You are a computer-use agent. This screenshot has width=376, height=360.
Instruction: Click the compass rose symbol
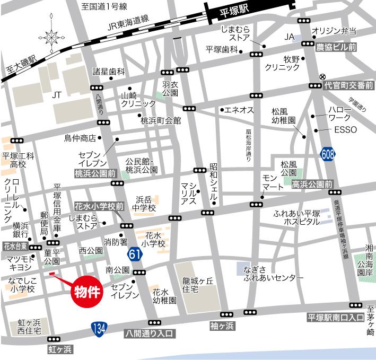click(x=52, y=37)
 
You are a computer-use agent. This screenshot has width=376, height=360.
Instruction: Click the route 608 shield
click(x=328, y=154)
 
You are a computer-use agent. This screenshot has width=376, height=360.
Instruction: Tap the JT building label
click(x=57, y=95)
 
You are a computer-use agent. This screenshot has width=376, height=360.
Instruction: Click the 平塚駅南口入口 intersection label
click(x=335, y=318)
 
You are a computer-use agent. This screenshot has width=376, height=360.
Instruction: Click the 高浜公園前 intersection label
click(x=312, y=184)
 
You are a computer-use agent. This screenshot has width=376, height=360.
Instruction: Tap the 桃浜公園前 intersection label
click(x=95, y=173)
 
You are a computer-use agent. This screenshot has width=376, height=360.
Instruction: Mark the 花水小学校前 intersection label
click(x=99, y=205)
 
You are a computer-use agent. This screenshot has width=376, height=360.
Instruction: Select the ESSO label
click(x=346, y=130)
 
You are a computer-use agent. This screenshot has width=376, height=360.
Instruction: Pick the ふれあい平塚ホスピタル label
click(x=290, y=217)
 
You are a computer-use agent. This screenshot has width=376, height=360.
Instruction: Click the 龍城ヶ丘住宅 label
click(x=198, y=286)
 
